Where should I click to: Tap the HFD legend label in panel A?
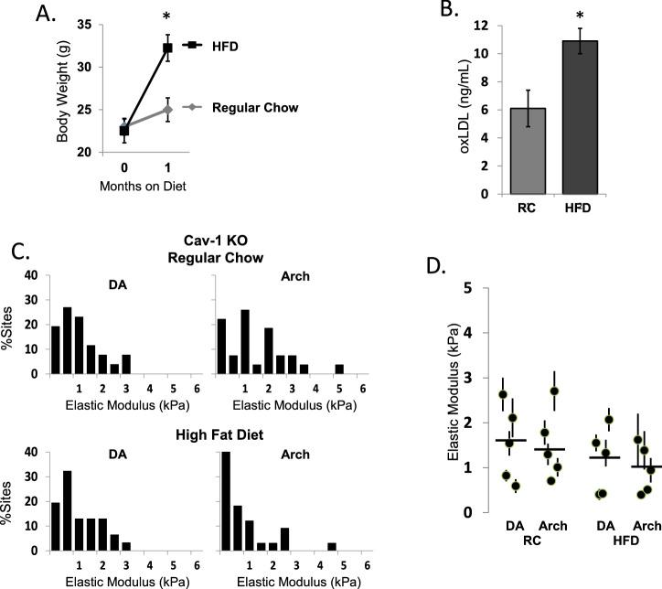214,44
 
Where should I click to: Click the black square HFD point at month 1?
167,48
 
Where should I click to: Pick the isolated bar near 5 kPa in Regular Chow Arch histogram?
338,369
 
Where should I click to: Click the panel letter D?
437,267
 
